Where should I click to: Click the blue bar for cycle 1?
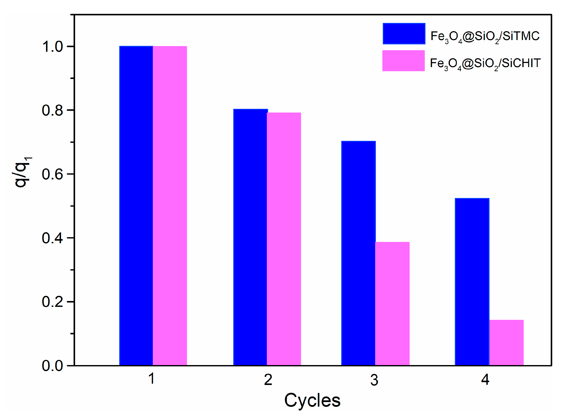(136, 206)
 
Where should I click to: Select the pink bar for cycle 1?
(170, 206)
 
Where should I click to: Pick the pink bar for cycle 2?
(284, 239)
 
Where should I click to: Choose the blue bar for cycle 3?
(358, 253)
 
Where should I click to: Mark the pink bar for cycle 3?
(392, 304)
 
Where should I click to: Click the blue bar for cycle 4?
(472, 282)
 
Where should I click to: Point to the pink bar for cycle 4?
(506, 343)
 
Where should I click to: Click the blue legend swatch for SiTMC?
(404, 34)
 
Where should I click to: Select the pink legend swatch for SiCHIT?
(403, 61)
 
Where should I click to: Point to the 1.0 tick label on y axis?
(53, 47)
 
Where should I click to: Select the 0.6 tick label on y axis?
(53, 174)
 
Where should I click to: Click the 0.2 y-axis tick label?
(53, 302)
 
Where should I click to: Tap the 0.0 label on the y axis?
(53, 366)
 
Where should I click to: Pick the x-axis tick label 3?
(374, 380)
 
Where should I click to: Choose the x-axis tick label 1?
(151, 379)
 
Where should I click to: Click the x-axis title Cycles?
(312, 400)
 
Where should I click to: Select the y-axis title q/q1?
(22, 172)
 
